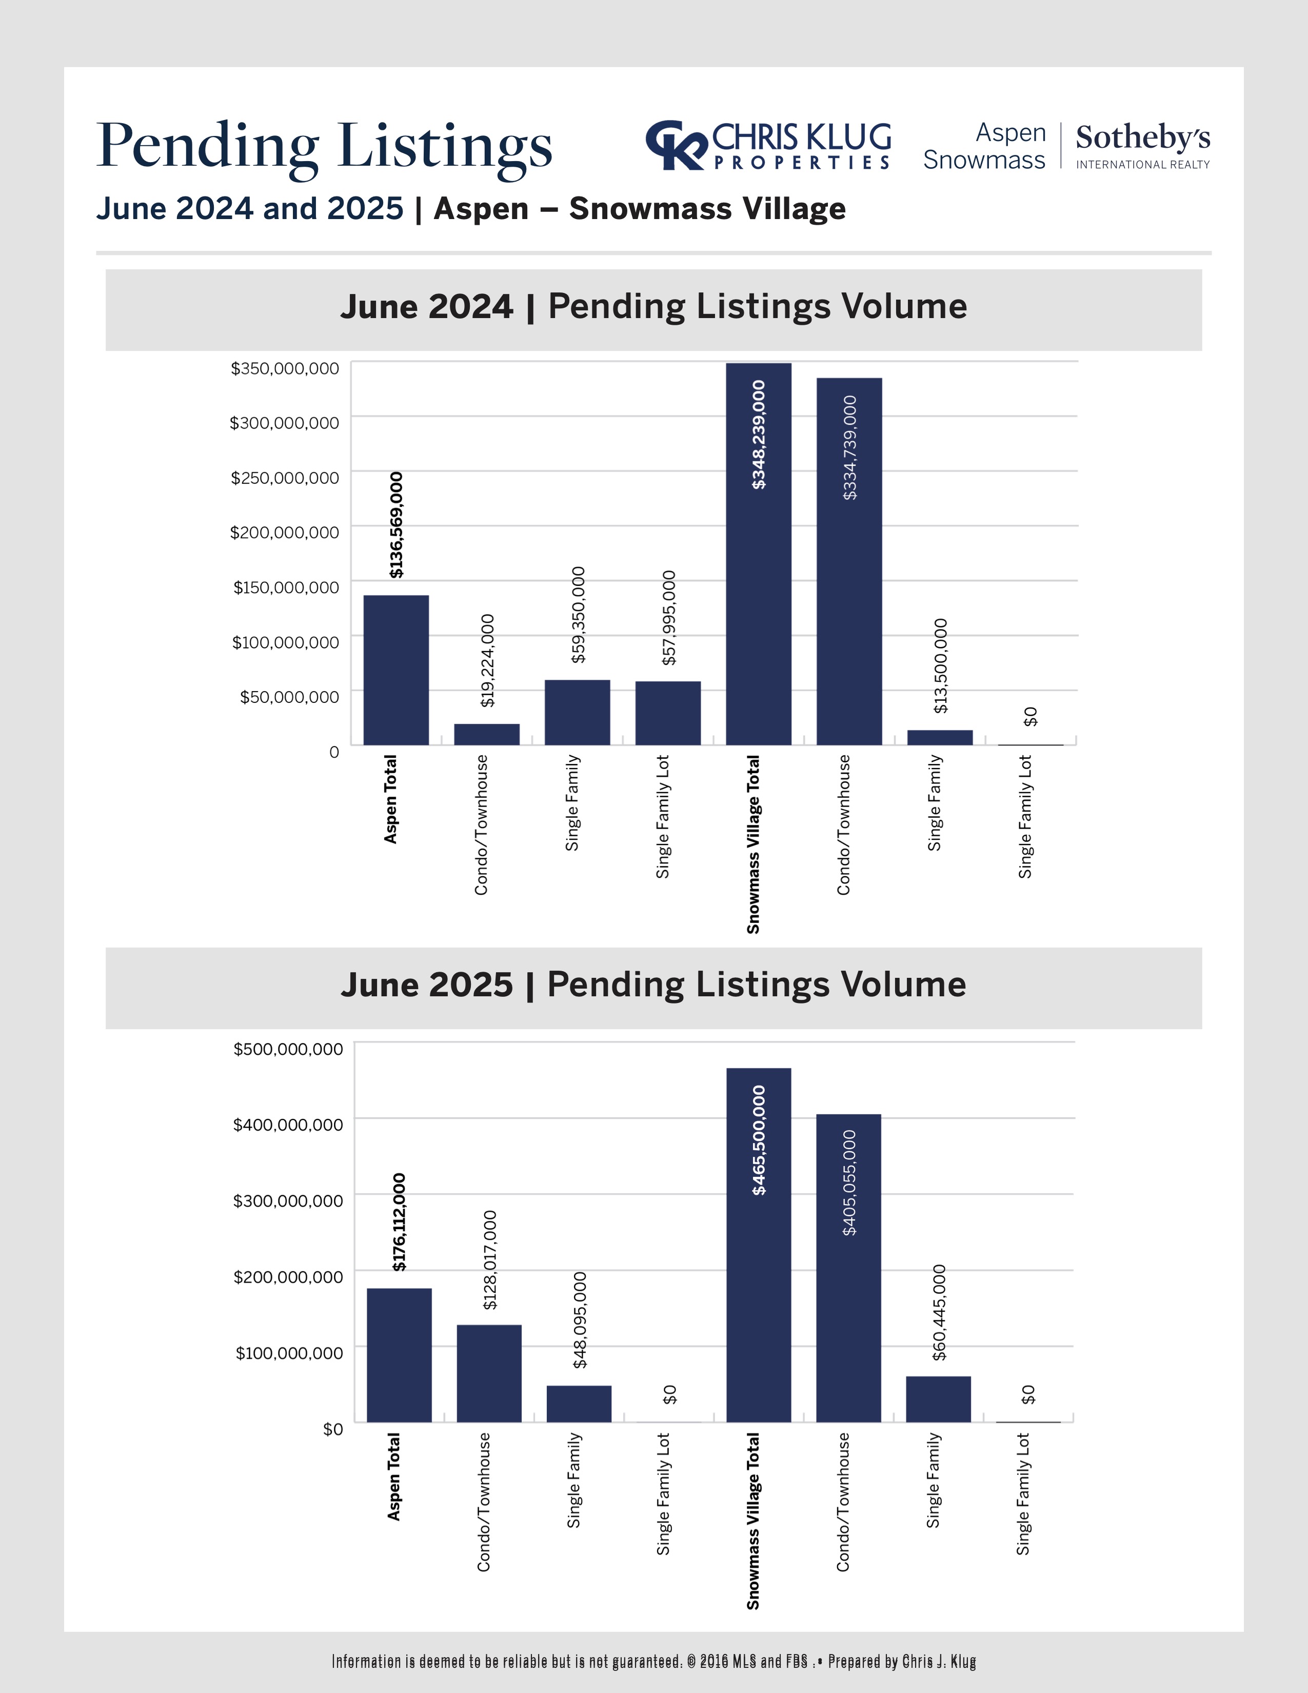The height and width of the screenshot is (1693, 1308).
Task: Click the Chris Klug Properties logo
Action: tap(768, 146)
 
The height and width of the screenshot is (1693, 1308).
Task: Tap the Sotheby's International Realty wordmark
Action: tap(1142, 146)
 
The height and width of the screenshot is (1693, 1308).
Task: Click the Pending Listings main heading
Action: tap(324, 145)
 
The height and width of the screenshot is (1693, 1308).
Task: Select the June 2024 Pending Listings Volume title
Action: tap(653, 307)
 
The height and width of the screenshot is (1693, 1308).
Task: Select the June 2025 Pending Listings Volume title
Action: tap(653, 985)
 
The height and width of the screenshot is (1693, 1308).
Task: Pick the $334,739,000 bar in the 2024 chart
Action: tap(849, 561)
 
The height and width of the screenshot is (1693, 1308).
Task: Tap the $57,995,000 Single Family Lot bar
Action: tap(668, 713)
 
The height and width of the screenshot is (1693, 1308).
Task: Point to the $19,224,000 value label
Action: tap(487, 660)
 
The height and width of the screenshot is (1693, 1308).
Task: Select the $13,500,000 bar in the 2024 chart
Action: tap(940, 737)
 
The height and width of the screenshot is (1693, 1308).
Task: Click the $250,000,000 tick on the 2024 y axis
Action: tap(285, 478)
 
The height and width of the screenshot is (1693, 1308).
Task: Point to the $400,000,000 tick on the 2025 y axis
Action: tap(287, 1125)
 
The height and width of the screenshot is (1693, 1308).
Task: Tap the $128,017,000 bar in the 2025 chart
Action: tap(489, 1373)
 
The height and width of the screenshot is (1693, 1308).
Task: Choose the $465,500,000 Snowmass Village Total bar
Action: tap(759, 1245)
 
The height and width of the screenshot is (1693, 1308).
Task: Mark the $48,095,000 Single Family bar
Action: tap(579, 1403)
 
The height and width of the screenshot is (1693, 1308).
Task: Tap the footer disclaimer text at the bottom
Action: tap(653, 1661)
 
